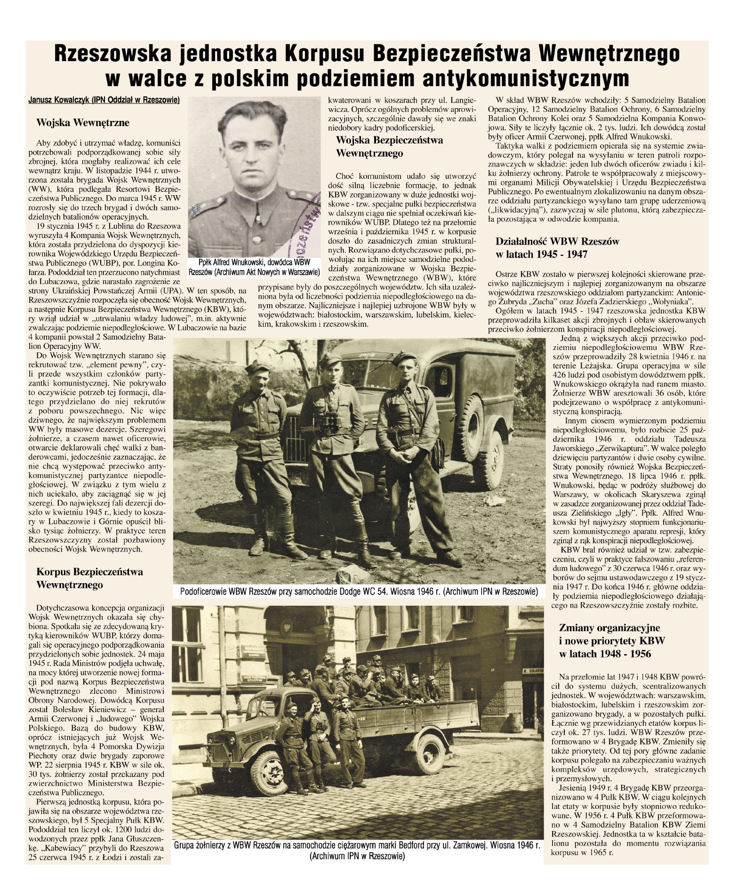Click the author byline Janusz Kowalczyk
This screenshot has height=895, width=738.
click(x=104, y=100)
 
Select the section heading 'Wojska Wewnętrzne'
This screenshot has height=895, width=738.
click(x=83, y=123)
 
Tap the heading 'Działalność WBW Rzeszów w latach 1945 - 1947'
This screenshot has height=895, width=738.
click(x=557, y=248)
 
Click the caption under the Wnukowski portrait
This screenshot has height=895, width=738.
click(x=254, y=267)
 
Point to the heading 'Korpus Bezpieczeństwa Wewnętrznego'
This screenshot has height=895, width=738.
click(x=89, y=578)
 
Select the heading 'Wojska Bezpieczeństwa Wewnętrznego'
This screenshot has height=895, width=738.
click(x=389, y=147)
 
